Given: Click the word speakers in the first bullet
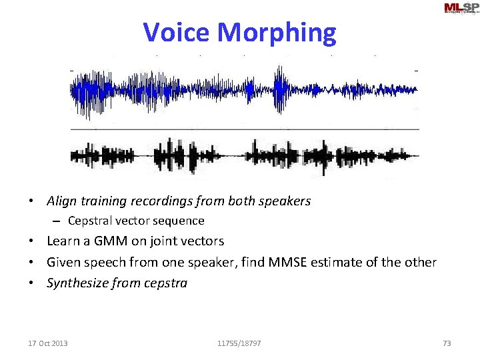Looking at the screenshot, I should (x=286, y=201).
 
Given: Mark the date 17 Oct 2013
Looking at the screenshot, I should (x=47, y=343).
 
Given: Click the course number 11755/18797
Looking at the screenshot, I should (x=239, y=343).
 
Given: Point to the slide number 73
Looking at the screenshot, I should (x=447, y=343).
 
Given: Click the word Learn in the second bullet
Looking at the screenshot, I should (x=63, y=241).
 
